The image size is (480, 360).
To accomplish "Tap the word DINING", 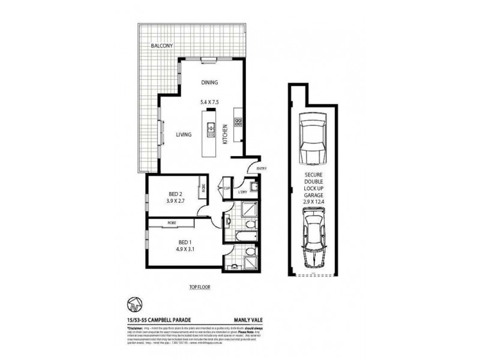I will click(209, 83).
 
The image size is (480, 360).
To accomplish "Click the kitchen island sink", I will click(211, 127).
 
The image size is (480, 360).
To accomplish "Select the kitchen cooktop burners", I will click(238, 123).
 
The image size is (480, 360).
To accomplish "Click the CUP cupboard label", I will click(227, 188).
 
